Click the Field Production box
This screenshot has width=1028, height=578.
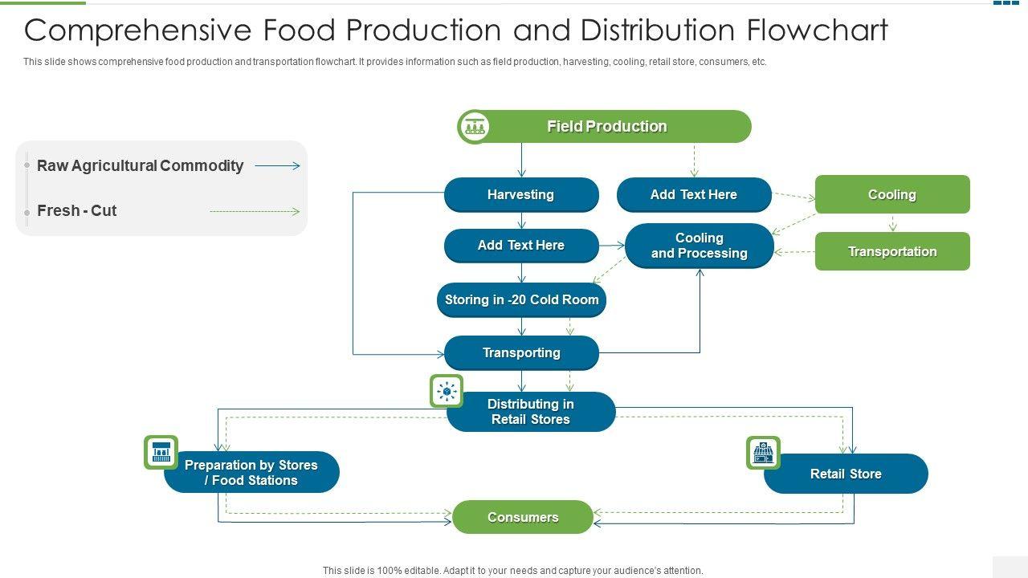[606, 127]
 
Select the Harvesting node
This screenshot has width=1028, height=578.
[521, 195]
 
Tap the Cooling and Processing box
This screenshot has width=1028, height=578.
[699, 246]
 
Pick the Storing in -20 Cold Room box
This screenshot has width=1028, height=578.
[521, 300]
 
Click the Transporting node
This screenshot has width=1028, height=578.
[521, 353]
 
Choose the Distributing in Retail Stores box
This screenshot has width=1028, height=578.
[531, 412]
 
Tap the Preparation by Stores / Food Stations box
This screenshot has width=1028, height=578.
[251, 473]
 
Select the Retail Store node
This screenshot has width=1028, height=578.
[846, 474]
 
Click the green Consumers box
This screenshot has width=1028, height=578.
[523, 518]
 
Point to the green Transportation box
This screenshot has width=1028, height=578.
[892, 252]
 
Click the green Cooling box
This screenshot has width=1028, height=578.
[892, 195]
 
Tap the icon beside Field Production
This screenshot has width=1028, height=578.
[474, 127]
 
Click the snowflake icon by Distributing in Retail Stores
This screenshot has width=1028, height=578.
[447, 391]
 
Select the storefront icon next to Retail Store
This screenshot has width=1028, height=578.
[763, 453]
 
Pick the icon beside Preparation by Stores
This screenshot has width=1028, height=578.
[161, 453]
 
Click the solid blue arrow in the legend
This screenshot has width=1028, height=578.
[277, 166]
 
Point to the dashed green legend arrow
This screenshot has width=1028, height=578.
[254, 212]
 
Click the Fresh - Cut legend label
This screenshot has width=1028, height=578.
[77, 211]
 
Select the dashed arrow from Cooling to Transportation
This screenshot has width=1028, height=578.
[892, 222]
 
